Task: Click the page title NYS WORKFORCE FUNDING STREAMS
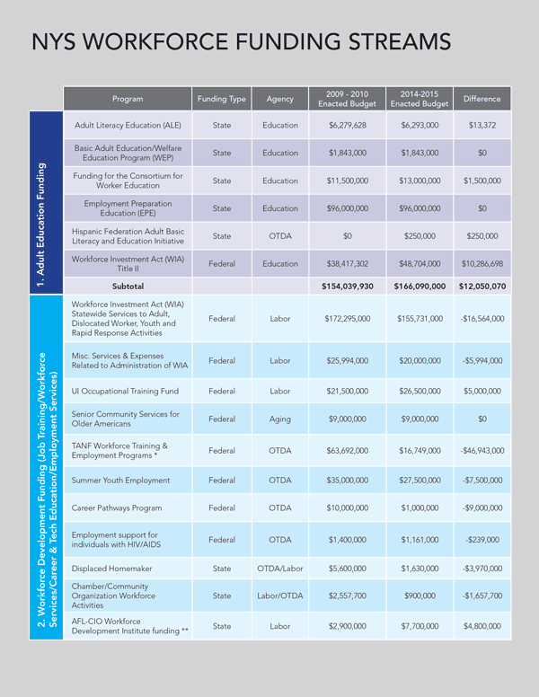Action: pyautogui.click(x=241, y=43)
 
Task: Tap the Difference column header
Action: pyautogui.click(x=482, y=99)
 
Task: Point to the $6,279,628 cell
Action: pyautogui.click(x=346, y=126)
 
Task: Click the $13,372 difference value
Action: pyautogui.click(x=482, y=126)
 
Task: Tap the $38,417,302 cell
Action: pyautogui.click(x=346, y=264)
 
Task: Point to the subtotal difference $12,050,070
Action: pyautogui.click(x=482, y=287)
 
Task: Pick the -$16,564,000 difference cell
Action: pyautogui.click(x=482, y=319)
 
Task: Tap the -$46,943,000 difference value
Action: pyautogui.click(x=482, y=451)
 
